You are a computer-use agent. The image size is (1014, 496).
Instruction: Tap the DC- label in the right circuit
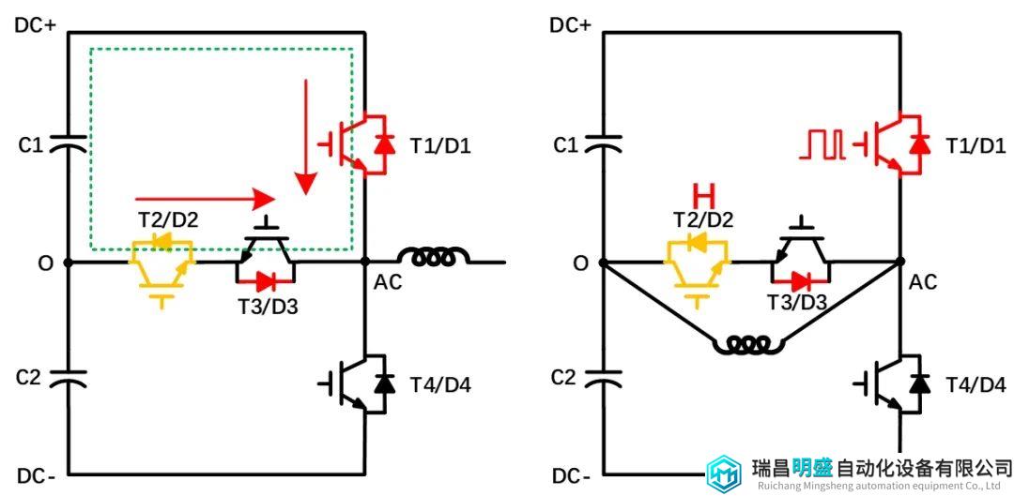(x=571, y=477)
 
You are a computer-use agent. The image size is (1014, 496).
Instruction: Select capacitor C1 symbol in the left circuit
(x=68, y=143)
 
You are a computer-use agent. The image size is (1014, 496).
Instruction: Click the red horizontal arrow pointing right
(x=206, y=198)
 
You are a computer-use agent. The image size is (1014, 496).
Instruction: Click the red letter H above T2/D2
(x=703, y=194)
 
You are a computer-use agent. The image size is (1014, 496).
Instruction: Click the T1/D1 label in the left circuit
(x=440, y=146)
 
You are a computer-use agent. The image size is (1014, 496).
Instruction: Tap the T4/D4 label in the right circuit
(x=976, y=386)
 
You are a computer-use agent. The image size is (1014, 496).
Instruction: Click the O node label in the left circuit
(x=45, y=263)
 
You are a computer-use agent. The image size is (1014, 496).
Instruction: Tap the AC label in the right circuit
(x=924, y=282)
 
